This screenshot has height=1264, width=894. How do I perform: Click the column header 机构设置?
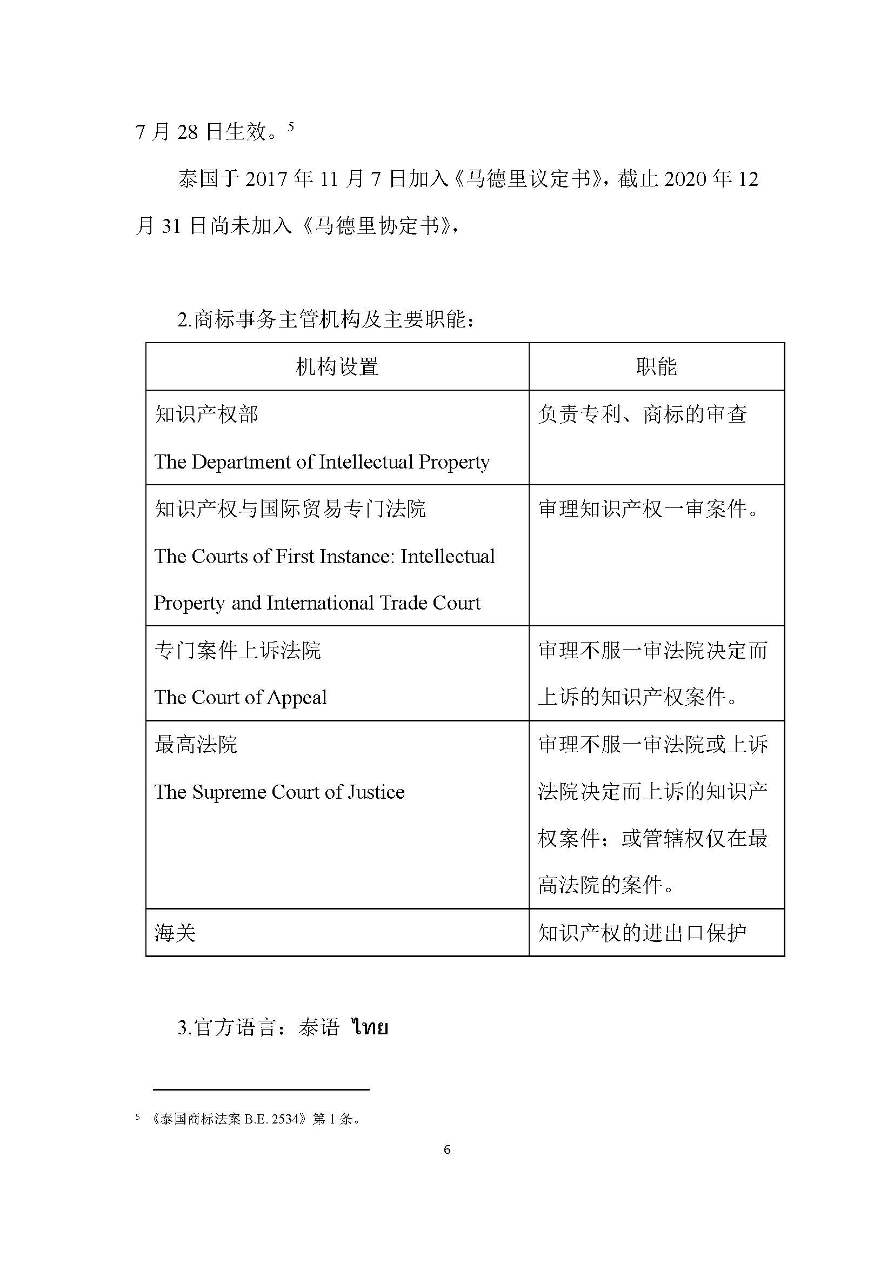(337, 366)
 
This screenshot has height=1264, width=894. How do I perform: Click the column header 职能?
(656, 366)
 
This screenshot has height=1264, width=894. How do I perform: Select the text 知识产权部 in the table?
(206, 414)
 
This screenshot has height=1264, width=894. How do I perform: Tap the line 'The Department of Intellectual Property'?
(322, 462)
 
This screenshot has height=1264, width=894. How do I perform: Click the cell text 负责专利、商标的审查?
(643, 414)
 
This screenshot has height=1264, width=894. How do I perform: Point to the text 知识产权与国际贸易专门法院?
(290, 509)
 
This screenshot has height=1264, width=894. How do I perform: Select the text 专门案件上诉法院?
(238, 651)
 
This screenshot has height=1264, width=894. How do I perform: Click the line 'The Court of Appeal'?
(241, 698)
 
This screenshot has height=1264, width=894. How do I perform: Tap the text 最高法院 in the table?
(196, 745)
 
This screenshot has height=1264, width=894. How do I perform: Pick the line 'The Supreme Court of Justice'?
(279, 792)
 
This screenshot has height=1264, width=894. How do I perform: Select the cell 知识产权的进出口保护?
(643, 933)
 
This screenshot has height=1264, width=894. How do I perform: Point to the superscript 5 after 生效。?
(291, 127)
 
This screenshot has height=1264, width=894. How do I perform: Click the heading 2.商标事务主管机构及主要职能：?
(326, 319)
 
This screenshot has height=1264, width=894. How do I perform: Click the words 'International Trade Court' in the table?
(374, 604)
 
